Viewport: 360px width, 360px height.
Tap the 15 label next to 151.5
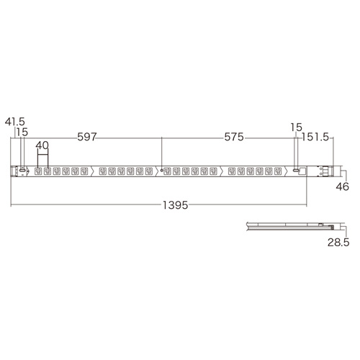click(294, 127)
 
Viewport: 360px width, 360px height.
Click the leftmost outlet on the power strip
click(38, 171)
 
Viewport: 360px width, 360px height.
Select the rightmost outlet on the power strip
click(279, 171)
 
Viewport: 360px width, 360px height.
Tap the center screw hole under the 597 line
click(163, 171)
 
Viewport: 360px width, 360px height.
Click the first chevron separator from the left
click(96, 171)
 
